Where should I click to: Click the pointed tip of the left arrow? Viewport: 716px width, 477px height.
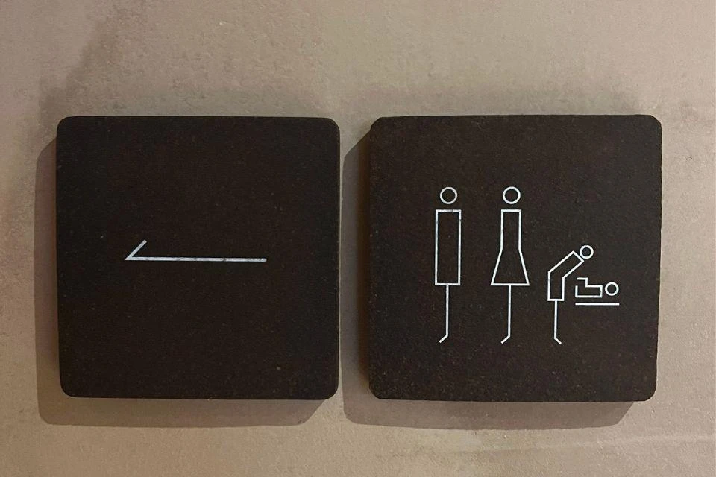126,259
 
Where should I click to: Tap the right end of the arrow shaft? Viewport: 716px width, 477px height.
266,260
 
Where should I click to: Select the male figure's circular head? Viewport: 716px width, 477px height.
448,195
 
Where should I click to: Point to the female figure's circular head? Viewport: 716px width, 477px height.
511,195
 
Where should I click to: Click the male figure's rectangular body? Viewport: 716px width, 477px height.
448,247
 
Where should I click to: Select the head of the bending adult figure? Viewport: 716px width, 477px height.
586,252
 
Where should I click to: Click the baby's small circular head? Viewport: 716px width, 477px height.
613,288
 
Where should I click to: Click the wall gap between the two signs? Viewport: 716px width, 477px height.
354,261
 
